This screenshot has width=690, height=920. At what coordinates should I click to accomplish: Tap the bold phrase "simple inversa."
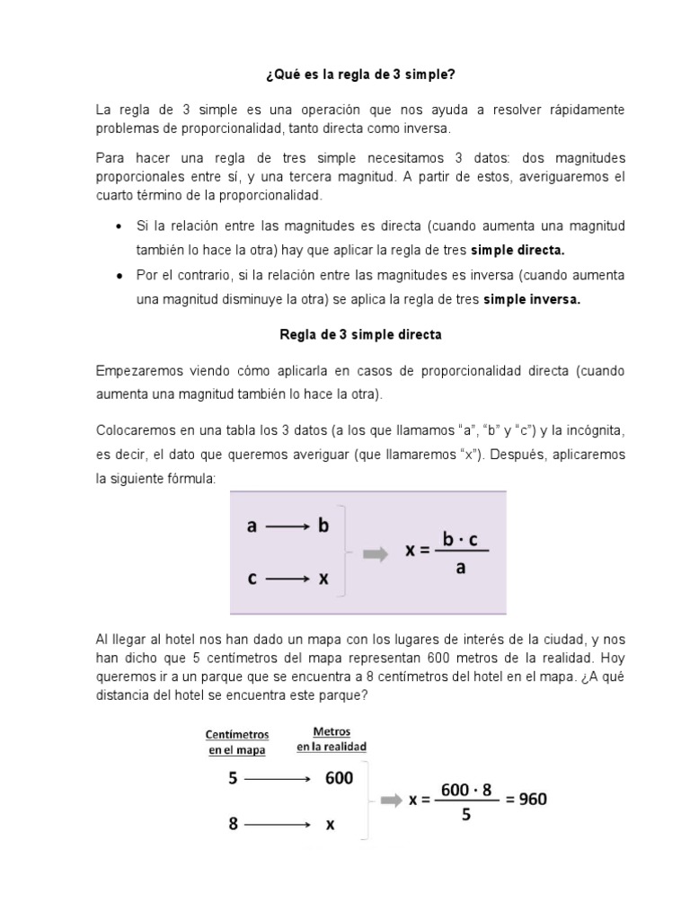(532, 300)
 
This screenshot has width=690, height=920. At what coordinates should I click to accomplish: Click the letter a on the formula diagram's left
(252, 527)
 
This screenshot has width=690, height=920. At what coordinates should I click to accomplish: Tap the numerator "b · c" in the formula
(464, 538)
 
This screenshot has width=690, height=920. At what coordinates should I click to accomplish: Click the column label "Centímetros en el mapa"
(234, 741)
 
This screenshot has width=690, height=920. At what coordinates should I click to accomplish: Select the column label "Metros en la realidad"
(332, 739)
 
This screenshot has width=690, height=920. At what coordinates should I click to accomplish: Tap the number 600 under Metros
(339, 779)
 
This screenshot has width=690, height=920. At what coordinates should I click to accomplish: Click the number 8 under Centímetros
(233, 822)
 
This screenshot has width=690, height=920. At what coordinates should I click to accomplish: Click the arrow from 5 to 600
(279, 780)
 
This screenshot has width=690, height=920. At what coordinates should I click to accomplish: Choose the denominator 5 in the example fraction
(466, 815)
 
